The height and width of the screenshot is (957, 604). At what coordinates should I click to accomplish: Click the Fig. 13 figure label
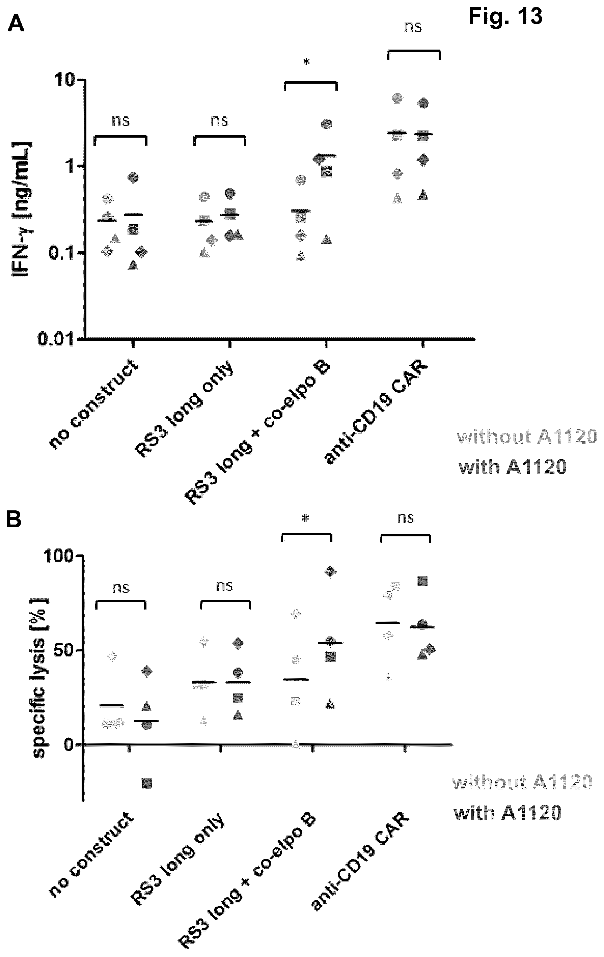pos(505,17)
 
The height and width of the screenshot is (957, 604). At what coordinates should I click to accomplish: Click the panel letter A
pos(16,24)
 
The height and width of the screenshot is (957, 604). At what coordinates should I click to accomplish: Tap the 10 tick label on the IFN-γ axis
pos(66,81)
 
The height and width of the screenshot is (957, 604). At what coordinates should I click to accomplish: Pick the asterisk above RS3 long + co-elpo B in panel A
pos(306,62)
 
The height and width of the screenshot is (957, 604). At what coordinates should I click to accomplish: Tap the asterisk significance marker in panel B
pos(305,518)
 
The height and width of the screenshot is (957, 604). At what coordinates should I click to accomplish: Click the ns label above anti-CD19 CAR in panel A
pos(413,27)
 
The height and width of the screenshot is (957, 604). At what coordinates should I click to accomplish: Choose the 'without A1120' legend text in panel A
pos(527,437)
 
